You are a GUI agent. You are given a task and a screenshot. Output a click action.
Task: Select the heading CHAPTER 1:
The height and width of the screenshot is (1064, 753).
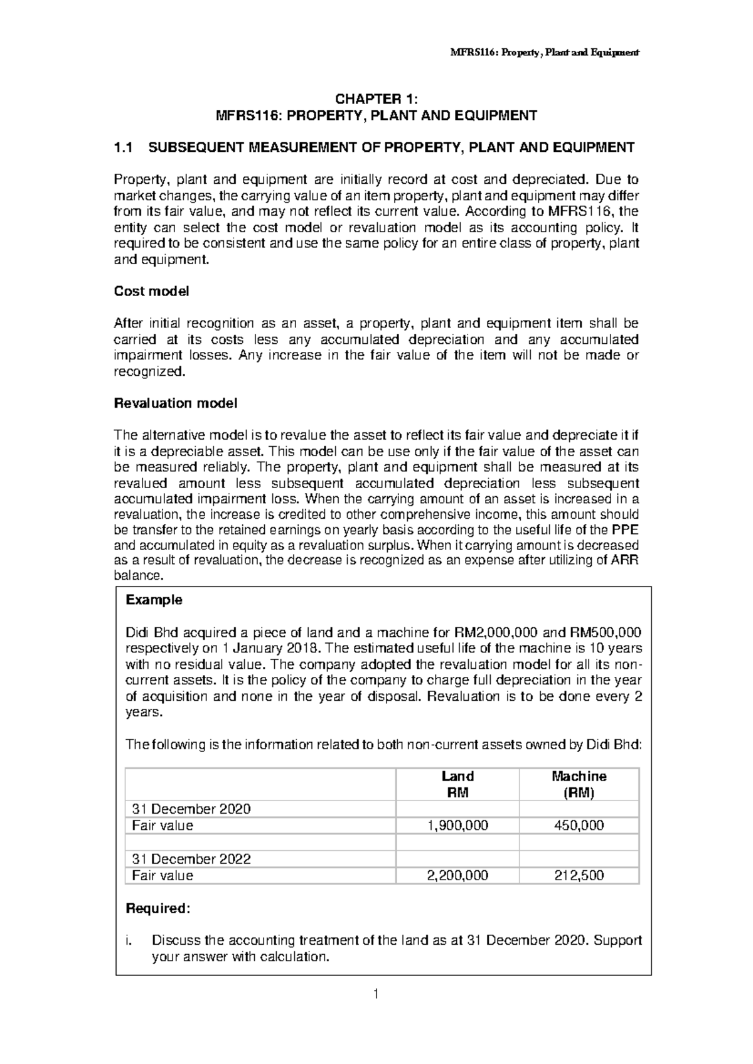(376, 99)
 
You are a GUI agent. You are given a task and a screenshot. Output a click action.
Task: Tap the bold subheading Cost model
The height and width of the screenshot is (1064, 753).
(151, 291)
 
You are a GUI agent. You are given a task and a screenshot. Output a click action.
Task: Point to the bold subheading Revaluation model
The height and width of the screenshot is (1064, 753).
(175, 403)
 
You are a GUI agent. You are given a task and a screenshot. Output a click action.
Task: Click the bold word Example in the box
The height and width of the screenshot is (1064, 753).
(154, 600)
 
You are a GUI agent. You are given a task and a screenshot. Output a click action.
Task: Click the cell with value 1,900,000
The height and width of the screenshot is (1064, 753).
(457, 826)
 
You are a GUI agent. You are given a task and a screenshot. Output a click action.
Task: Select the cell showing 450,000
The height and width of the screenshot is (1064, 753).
(579, 826)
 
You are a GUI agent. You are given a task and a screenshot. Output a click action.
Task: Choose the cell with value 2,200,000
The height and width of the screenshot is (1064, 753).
(457, 876)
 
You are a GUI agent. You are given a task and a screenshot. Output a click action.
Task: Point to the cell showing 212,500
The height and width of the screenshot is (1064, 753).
(579, 876)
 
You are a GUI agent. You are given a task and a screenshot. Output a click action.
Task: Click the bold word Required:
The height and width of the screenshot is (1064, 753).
(158, 908)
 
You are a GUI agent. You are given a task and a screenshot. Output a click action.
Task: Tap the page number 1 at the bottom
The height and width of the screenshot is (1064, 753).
(376, 994)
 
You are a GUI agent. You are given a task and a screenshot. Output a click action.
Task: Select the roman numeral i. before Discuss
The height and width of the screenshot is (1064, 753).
(129, 940)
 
